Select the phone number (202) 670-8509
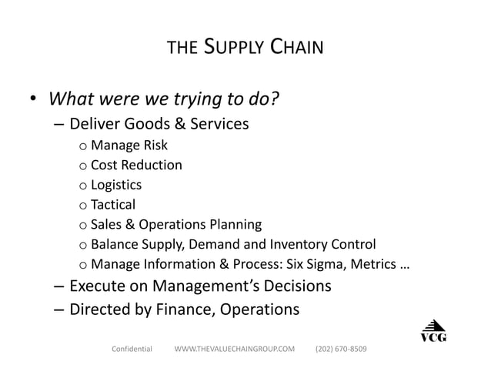[x=341, y=350]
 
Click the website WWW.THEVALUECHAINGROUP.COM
[x=235, y=350]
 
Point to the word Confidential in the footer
[x=132, y=350]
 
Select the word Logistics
[x=116, y=185]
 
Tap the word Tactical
[x=113, y=205]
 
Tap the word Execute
[x=97, y=288]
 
